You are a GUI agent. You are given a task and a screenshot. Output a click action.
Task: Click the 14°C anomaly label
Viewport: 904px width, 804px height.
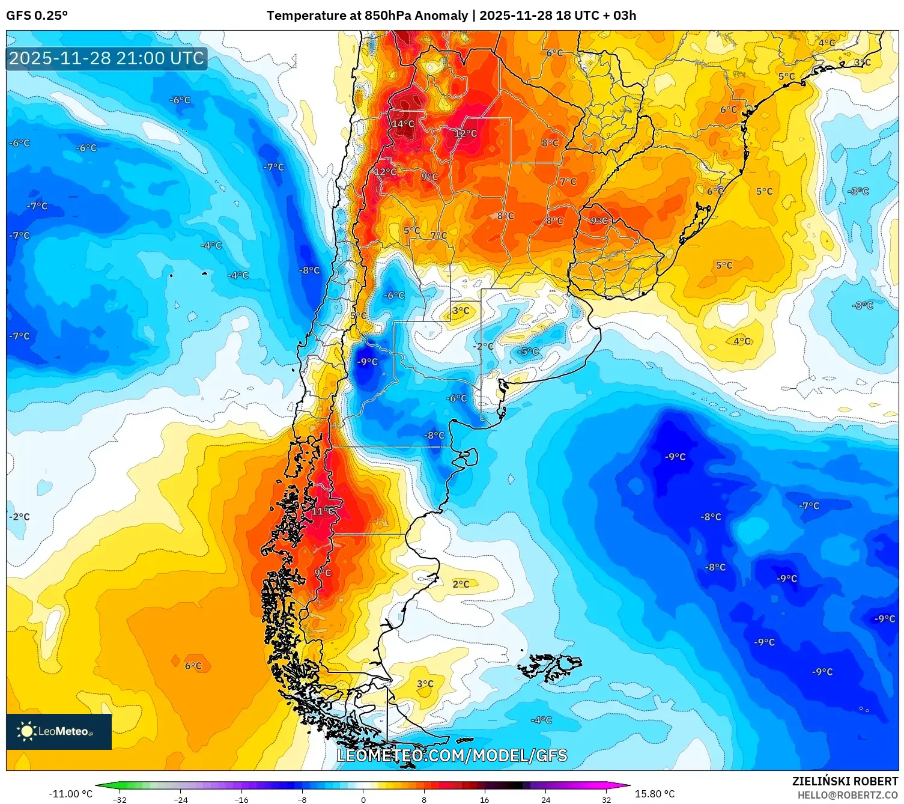coord(403,124)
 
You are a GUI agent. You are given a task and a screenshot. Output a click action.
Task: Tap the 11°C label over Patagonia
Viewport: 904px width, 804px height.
coord(323,511)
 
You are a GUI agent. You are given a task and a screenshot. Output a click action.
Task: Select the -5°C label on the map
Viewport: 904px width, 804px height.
coord(529,352)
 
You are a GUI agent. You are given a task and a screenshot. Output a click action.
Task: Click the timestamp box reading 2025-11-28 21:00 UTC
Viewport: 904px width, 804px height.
coord(107,58)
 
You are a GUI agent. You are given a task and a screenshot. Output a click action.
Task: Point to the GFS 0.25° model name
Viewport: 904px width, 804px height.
coord(37,16)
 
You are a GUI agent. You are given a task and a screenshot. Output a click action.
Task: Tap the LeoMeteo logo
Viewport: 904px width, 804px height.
coord(59,731)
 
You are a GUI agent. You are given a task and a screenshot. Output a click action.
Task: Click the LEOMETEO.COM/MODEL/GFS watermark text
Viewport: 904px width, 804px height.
coord(452,755)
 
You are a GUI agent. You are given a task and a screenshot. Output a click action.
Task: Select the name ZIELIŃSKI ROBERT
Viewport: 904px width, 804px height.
coord(845,782)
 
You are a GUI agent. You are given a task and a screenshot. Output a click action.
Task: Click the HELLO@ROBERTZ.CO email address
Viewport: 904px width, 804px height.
coord(848,795)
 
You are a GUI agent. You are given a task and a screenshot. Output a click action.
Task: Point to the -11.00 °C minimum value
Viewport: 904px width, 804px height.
coord(70,794)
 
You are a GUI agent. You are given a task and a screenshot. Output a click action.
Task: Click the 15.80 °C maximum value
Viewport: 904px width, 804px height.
coord(655,794)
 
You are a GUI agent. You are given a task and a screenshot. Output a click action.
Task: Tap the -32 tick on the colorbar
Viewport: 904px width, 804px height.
coord(120,800)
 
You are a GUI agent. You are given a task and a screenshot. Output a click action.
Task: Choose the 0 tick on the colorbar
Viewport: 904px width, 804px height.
coord(363,800)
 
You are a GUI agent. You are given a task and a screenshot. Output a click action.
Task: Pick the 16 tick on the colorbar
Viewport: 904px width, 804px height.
coord(484,800)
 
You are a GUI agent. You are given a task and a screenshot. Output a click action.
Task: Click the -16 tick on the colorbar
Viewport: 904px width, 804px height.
coord(241,800)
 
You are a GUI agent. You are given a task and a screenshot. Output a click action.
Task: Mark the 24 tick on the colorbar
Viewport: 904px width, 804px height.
coord(545,800)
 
